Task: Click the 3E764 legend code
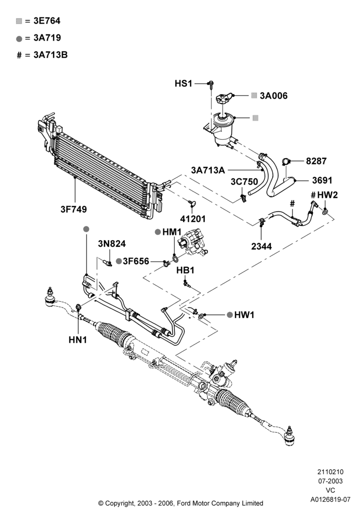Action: click(47, 21)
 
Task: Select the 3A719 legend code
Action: click(47, 38)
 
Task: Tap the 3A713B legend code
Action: click(50, 55)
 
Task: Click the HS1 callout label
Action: click(183, 84)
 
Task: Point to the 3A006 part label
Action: click(274, 96)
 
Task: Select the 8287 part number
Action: click(316, 161)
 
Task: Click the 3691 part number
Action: click(322, 180)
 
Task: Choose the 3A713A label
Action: click(208, 170)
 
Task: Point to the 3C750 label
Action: click(244, 181)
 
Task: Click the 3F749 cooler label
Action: click(74, 209)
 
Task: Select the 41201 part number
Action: click(193, 218)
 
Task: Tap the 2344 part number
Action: click(261, 246)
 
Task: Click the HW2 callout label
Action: click(327, 195)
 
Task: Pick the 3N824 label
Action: click(112, 244)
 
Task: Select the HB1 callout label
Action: click(185, 270)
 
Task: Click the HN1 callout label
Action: click(78, 340)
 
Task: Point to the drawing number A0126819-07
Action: click(331, 500)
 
